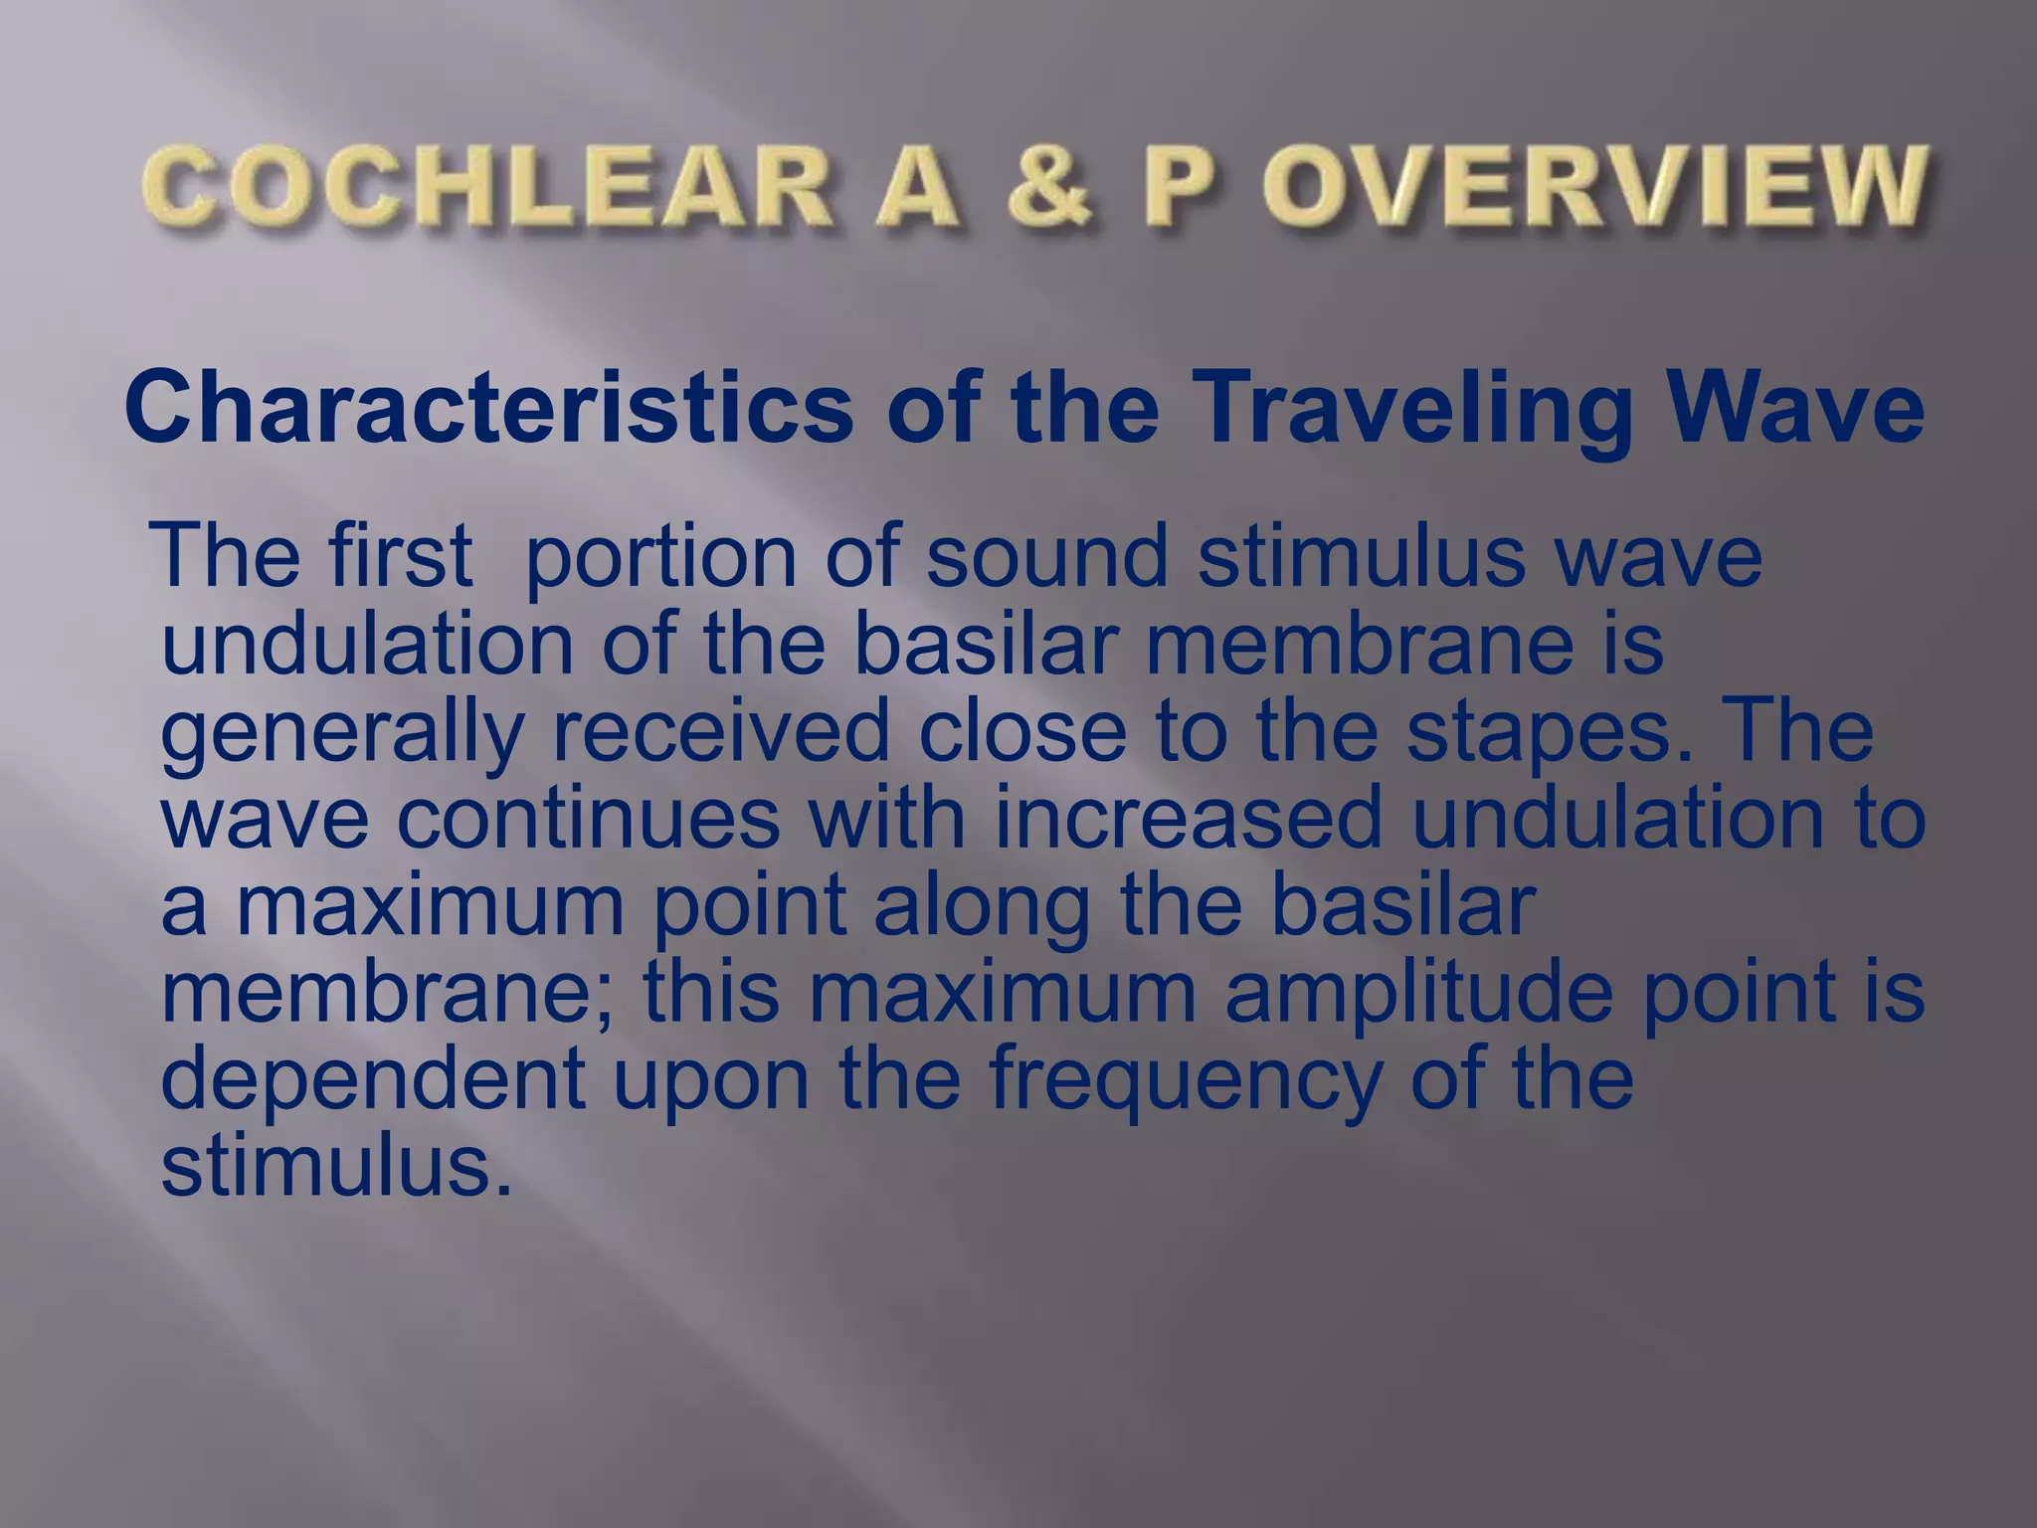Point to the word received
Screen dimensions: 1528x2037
coord(720,731)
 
